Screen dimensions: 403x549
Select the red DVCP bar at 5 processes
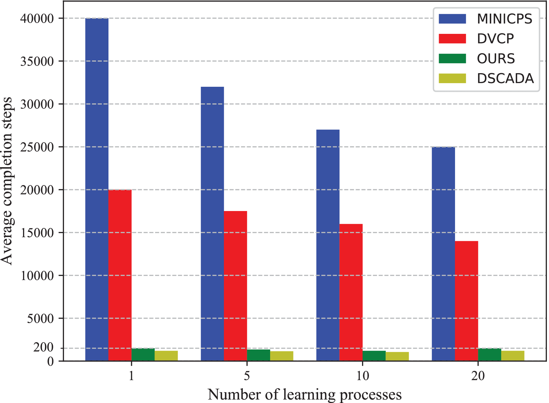coord(235,286)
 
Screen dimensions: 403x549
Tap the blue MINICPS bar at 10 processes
coord(328,245)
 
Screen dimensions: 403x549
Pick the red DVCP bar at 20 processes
coord(467,301)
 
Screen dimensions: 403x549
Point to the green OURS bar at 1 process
coord(143,355)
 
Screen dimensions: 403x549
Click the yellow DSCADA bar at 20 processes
coord(513,356)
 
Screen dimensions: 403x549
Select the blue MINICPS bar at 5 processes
coord(212,224)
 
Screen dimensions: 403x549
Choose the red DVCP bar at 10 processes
coord(351,292)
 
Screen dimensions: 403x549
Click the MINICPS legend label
coord(504,19)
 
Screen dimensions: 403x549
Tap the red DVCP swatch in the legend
coord(452,39)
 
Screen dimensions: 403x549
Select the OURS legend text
coord(496,59)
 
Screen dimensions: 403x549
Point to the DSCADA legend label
coord(505,79)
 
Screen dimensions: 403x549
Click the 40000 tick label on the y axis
coord(37,19)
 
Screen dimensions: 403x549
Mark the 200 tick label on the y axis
coord(44,348)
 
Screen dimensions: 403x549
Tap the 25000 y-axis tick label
coord(37,147)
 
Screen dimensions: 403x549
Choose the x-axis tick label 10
coord(363,376)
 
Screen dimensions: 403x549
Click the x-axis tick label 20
coord(478,376)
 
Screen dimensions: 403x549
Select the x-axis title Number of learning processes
coord(305,395)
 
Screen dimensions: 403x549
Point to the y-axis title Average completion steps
coord(7,181)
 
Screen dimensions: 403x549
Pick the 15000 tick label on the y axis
coord(37,233)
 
